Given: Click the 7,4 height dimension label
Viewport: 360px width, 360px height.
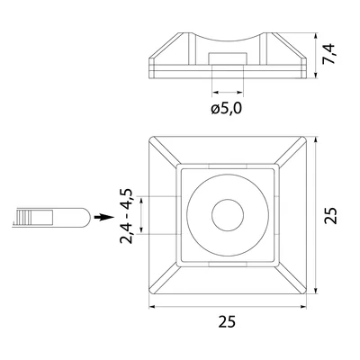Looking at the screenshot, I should pos(334,57).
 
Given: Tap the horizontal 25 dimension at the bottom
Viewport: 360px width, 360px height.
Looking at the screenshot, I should pos(228,320).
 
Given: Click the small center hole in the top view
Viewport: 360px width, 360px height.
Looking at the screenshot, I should pos(228,216).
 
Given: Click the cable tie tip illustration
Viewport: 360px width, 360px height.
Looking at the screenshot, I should pos(76,217).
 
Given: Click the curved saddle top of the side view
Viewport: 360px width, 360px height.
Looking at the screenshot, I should pos(228,41).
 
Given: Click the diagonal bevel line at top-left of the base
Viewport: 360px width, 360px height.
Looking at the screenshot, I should pos(164,152).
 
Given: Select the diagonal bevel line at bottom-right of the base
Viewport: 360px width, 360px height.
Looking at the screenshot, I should pos(292,281).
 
